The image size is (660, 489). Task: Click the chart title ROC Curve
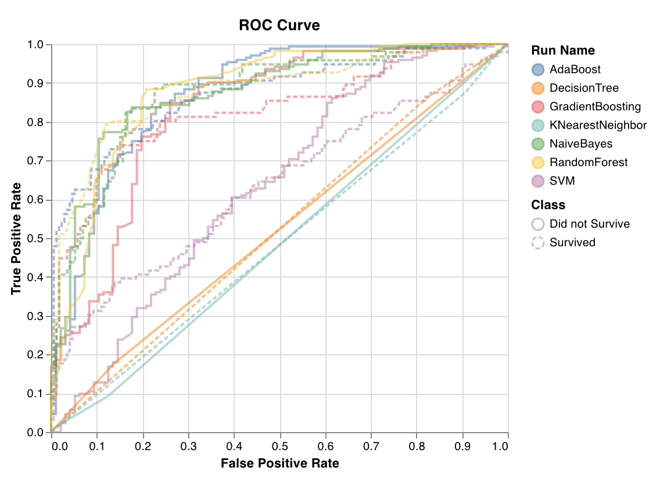[279, 26]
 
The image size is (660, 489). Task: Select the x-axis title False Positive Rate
[279, 463]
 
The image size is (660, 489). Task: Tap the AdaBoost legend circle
[538, 70]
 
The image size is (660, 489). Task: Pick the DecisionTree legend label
[584, 88]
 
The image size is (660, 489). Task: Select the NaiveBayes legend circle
[538, 144]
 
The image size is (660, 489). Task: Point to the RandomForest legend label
[589, 163]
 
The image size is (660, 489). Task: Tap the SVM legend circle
[538, 181]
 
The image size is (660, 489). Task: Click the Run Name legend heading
[562, 51]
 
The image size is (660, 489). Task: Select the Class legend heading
[548, 205]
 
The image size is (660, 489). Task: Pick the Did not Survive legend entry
[589, 224]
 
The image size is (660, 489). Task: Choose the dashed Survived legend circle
[538, 243]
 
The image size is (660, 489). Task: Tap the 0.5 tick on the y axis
[38, 239]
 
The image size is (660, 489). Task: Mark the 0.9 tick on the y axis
[38, 84]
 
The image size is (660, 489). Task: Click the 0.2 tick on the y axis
[38, 355]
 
